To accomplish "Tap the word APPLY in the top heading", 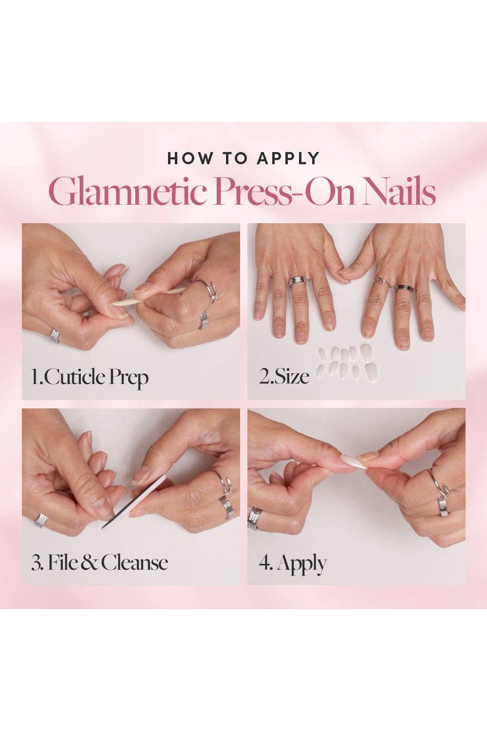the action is [288, 158].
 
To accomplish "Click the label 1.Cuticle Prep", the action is [90, 378].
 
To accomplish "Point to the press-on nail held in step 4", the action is [351, 461].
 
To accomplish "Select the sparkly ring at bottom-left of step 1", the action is [55, 336].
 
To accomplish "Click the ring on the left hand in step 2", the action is [297, 282].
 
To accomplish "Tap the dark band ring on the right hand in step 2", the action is [404, 289].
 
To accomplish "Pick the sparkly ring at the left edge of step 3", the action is [41, 519].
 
